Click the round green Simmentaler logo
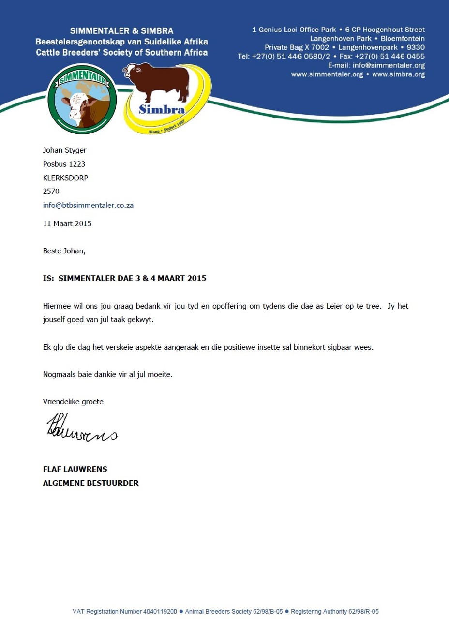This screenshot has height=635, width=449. (82, 99)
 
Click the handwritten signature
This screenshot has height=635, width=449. (81, 428)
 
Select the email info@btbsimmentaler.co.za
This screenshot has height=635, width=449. (88, 205)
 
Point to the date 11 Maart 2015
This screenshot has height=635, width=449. (67, 223)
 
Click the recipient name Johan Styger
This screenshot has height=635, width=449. (64, 150)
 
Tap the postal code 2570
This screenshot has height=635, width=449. (51, 191)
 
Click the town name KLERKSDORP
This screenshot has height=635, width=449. (65, 177)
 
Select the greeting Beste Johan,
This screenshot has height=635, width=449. (64, 251)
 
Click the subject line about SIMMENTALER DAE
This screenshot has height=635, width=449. (125, 278)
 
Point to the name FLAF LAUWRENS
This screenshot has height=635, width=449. (75, 469)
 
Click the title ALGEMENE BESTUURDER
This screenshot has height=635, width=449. (91, 483)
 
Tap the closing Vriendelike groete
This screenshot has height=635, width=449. (73, 401)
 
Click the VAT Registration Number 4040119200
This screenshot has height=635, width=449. (125, 612)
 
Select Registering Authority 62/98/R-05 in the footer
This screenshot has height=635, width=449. (335, 612)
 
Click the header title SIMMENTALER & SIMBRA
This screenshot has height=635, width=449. (121, 31)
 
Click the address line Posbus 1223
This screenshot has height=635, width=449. (64, 164)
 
